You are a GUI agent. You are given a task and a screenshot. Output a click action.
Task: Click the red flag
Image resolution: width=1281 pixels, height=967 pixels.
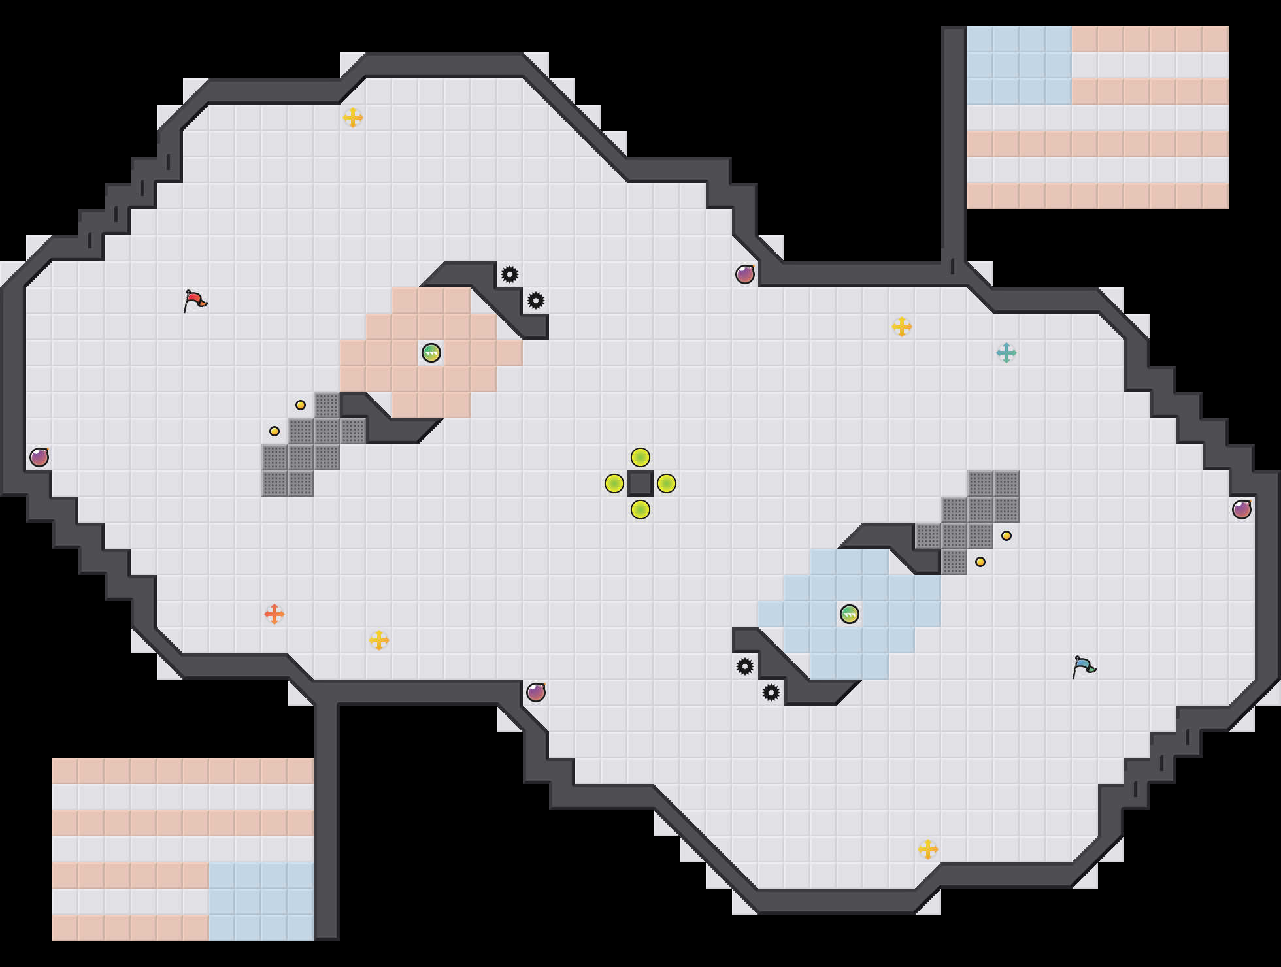tap(195, 301)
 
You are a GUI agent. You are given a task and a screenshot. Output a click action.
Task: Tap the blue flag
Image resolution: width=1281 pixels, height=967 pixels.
tap(1084, 666)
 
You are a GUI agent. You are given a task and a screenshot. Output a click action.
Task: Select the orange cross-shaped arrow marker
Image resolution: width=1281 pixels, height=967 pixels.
tap(274, 614)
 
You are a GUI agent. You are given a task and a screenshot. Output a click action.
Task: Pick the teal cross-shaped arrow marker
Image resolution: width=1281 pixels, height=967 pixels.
tap(1006, 353)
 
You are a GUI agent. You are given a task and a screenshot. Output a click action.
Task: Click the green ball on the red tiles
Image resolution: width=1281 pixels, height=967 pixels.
tap(431, 353)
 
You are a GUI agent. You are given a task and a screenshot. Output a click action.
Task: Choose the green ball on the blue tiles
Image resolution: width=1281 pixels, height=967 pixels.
tap(850, 614)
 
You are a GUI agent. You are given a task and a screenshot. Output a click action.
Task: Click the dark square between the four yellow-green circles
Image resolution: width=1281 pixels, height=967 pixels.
tap(640, 484)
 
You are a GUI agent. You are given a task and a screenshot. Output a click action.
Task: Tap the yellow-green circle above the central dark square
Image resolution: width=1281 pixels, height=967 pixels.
tap(640, 457)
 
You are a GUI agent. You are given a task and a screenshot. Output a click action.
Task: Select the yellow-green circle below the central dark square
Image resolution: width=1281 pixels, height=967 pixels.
tap(640, 510)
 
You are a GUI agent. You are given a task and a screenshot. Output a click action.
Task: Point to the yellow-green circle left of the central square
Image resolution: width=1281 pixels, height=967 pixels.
tap(614, 484)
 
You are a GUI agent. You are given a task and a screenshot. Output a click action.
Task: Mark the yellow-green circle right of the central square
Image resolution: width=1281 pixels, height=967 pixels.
tap(667, 484)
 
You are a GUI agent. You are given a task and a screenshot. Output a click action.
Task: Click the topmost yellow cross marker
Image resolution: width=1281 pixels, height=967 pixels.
tap(353, 118)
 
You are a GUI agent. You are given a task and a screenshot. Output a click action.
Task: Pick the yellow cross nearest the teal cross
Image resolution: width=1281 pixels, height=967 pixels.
tap(902, 327)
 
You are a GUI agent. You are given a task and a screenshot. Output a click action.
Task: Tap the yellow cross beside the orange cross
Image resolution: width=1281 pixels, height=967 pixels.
tap(379, 640)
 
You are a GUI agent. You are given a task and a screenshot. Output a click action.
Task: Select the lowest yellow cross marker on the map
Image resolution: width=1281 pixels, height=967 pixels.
tap(928, 849)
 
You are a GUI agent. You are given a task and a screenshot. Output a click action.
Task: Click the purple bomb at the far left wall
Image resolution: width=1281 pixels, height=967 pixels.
tap(39, 457)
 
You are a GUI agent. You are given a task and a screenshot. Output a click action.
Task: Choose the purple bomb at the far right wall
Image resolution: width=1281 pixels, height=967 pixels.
tap(1242, 510)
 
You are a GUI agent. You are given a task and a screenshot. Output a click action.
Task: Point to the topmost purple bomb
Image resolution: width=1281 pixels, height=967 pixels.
tap(745, 274)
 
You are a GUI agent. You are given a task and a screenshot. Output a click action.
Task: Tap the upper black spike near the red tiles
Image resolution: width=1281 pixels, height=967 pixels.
tap(510, 274)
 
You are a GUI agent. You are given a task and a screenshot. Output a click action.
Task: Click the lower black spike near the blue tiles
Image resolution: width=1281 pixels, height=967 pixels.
tap(771, 693)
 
